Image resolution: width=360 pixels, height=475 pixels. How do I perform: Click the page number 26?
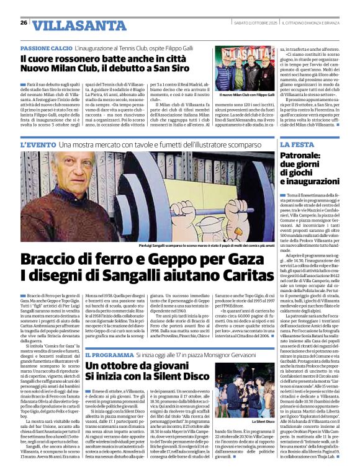point(22,23)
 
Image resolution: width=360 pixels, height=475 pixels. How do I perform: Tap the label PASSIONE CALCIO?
point(45,48)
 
